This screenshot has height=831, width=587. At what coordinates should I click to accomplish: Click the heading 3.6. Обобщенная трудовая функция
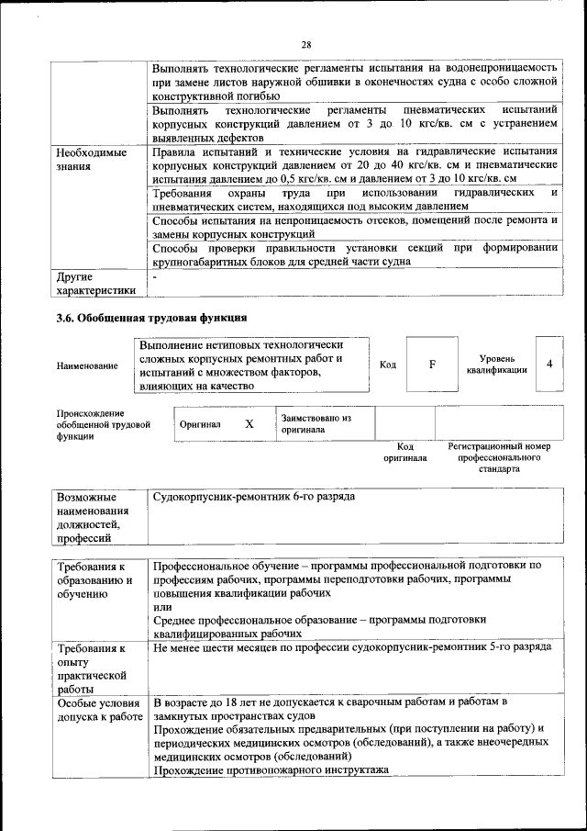152,319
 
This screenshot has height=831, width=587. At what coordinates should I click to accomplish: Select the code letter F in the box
431,365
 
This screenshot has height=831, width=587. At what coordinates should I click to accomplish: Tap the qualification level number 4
548,364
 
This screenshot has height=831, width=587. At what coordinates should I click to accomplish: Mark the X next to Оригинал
249,424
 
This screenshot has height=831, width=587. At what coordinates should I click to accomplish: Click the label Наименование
87,366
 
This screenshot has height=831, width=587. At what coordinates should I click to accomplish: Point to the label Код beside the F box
388,365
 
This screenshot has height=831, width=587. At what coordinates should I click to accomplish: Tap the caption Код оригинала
404,452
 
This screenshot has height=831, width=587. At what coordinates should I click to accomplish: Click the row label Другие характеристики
95,283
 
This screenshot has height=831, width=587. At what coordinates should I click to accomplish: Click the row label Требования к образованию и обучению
95,580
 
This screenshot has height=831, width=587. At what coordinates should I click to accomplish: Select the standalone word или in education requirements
161,607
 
